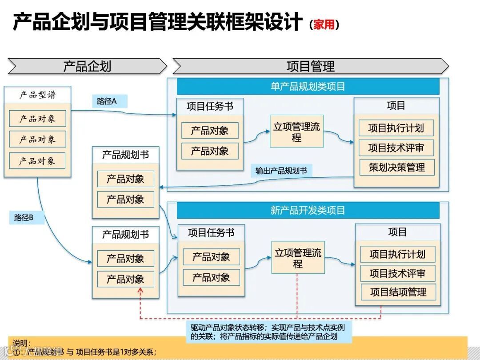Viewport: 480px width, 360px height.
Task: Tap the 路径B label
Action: [24, 217]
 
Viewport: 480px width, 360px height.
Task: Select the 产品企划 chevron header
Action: [87, 67]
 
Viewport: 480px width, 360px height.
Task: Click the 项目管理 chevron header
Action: [310, 67]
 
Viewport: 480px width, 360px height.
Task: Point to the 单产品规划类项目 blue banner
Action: [308, 86]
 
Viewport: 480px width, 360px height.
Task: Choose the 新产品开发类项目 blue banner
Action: [308, 210]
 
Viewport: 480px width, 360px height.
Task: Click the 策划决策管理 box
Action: [396, 168]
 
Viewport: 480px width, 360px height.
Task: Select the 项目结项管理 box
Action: [398, 292]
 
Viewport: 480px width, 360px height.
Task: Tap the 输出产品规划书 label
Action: [281, 171]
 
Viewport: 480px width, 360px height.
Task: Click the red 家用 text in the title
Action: [324, 25]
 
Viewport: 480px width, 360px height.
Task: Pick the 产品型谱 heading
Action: [38, 95]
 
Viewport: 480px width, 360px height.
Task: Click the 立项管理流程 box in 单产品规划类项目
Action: [296, 132]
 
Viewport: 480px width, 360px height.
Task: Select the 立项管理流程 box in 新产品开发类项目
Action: [298, 258]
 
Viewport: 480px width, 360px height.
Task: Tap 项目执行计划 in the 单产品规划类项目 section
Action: [396, 128]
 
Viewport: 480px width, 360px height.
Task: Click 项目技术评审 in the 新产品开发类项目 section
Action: [397, 273]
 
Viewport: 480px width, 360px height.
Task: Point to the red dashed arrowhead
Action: [140, 291]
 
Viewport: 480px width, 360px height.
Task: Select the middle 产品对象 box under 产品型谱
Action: [37, 140]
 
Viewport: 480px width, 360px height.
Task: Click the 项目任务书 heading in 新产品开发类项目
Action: [211, 232]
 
